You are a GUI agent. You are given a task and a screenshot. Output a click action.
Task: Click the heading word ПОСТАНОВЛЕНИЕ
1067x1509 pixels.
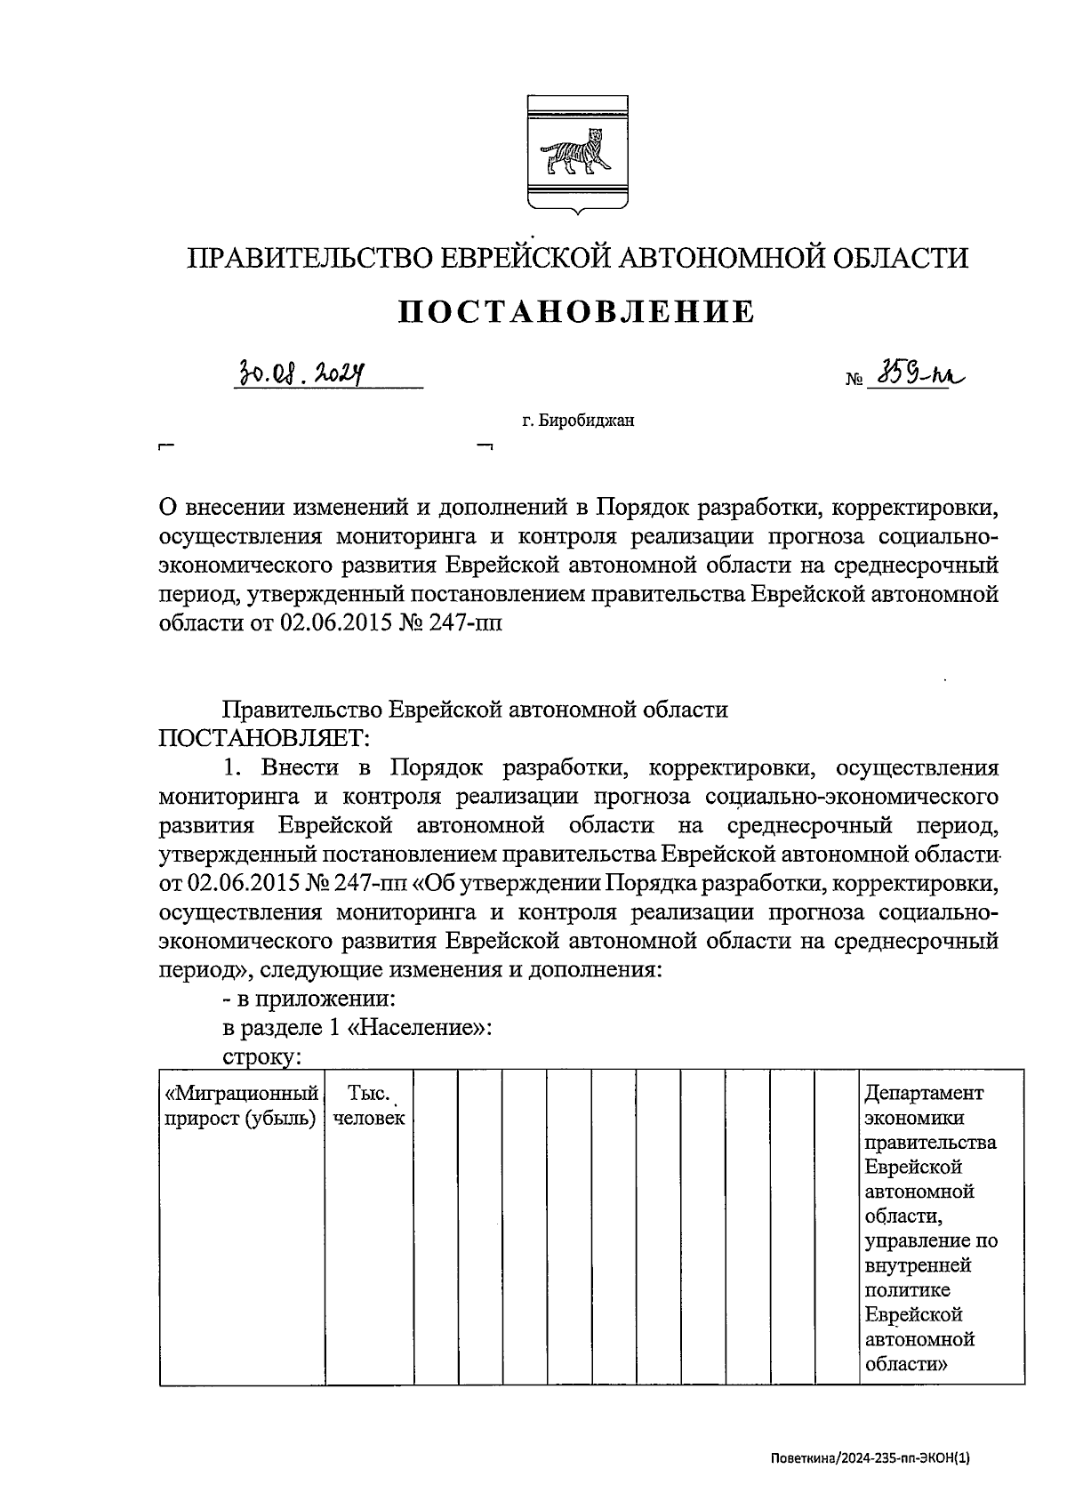point(575,311)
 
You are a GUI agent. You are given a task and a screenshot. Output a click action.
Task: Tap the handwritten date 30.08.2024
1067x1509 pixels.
point(302,371)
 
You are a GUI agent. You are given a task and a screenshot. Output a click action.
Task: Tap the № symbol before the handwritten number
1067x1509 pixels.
point(854,380)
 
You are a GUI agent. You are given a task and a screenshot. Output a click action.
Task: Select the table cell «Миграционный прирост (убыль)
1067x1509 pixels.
point(242,1105)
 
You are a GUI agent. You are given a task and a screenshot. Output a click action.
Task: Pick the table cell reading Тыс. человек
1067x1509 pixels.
point(369,1105)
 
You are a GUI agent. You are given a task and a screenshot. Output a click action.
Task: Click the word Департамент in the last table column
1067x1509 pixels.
point(924,1093)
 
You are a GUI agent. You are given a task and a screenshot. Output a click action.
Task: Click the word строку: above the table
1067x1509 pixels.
point(262,1057)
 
